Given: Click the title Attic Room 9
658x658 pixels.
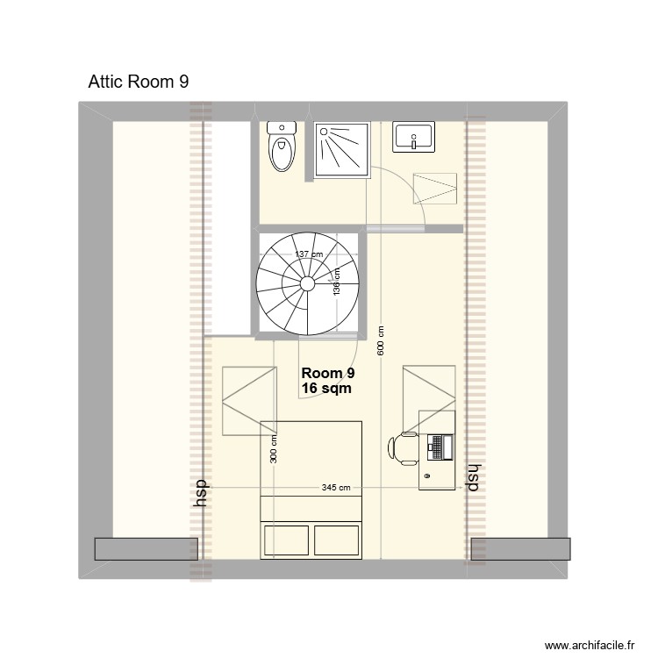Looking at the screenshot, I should (139, 82).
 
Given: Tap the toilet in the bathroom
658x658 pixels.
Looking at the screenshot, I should (283, 147).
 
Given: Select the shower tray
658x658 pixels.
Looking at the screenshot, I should (341, 150).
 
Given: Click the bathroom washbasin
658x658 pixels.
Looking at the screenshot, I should (412, 137).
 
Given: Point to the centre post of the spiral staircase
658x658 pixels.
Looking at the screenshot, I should (308, 283).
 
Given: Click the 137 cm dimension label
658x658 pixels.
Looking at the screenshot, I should (308, 255).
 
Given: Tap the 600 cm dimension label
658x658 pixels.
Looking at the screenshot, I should (381, 340).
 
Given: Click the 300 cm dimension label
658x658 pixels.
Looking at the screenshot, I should (274, 451).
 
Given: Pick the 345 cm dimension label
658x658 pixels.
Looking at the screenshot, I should (336, 488).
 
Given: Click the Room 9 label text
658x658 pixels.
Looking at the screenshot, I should (327, 372).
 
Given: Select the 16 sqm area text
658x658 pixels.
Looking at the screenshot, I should (326, 388).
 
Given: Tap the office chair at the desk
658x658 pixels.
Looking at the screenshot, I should (404, 447).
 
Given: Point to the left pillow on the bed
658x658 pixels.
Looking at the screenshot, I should (287, 539).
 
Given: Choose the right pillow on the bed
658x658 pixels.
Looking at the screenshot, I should (337, 539).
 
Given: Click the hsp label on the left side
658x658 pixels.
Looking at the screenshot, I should (201, 493).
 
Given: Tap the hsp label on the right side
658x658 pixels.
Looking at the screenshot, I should (474, 476).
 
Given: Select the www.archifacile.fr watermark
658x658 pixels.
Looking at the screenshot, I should (590, 644).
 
